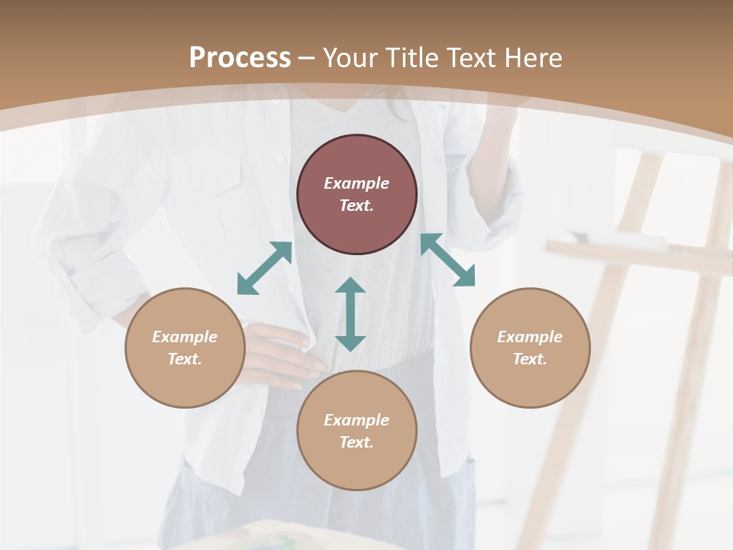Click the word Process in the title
coord(240,58)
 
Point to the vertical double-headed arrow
coord(350,315)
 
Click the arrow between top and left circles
coord(264,268)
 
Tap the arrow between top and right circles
coord(447,260)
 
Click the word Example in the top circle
coord(357,183)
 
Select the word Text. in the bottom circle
coord(357,442)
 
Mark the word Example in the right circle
coord(530,337)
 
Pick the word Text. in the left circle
coord(185,359)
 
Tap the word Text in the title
coord(472,58)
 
